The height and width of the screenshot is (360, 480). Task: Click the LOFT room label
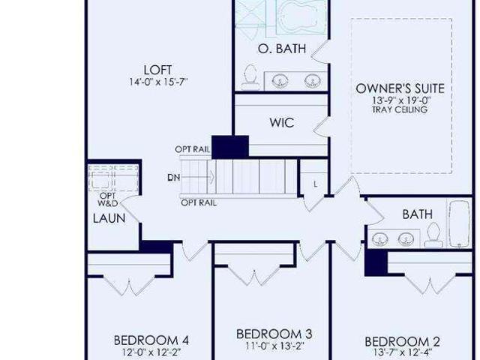tap(158, 70)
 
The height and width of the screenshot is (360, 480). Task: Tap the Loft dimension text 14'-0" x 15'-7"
tap(158, 82)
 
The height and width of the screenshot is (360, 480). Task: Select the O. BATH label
tap(282, 49)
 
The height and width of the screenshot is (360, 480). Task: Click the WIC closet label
tap(282, 122)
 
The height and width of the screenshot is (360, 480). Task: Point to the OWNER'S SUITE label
tap(400, 88)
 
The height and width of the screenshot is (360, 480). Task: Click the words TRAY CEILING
tap(400, 109)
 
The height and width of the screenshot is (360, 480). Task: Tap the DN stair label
tap(173, 177)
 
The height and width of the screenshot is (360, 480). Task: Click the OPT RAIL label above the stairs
tap(192, 149)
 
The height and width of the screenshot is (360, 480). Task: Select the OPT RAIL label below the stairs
tap(199, 202)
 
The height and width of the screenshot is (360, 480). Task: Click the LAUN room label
tap(109, 218)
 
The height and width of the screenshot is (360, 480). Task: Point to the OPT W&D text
tap(108, 199)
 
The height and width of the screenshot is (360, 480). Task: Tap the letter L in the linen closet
tap(315, 184)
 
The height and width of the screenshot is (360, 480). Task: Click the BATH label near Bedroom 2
tap(418, 214)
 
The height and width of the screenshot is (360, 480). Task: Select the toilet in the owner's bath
tap(250, 77)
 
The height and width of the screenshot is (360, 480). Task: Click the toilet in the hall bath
tap(433, 235)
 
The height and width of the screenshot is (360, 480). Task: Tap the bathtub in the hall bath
tap(459, 223)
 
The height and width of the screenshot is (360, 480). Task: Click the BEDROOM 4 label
tap(151, 340)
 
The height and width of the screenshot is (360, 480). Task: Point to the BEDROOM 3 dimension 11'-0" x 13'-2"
tap(274, 346)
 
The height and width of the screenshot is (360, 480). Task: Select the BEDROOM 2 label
tap(403, 342)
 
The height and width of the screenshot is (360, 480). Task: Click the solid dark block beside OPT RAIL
tap(230, 147)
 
